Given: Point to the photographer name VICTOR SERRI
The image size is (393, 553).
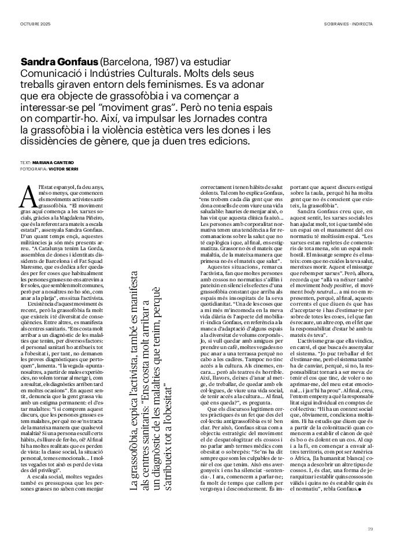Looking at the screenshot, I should click(x=63, y=169).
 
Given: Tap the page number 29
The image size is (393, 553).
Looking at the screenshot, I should click(x=370, y=529).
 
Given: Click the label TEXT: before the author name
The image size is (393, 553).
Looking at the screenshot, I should click(x=25, y=164).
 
